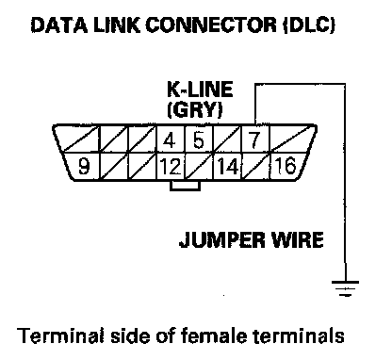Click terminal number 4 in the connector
(170, 140)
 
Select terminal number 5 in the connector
(198, 140)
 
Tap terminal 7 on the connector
(254, 140)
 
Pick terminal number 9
(84, 166)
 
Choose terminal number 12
(171, 166)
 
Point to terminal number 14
(227, 166)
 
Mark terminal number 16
(285, 166)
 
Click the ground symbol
(345, 288)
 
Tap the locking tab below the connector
(185, 186)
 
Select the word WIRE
(297, 240)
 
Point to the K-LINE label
(200, 90)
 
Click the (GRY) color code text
(195, 110)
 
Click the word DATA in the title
(59, 25)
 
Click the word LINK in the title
(117, 25)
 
